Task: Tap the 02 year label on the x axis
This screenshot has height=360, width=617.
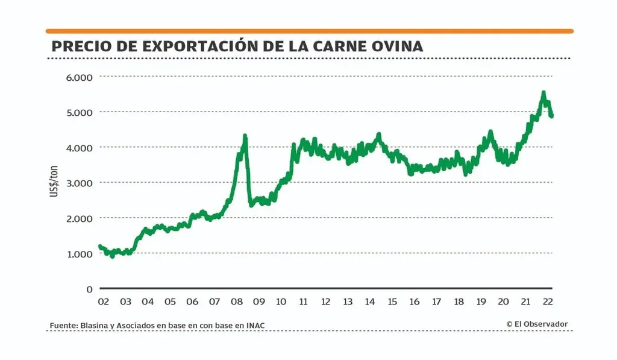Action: [x=103, y=302]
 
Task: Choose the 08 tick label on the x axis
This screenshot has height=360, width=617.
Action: [x=237, y=302]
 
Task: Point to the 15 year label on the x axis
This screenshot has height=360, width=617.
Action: [x=392, y=302]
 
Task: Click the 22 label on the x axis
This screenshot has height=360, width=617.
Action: [x=548, y=302]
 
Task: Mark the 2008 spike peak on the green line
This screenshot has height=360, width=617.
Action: [x=245, y=136]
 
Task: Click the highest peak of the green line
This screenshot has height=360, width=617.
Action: [x=543, y=93]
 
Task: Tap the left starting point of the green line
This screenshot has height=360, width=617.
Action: [x=100, y=246]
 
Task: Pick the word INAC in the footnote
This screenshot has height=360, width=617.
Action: [x=255, y=326]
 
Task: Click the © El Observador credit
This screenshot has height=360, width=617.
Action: [x=537, y=324]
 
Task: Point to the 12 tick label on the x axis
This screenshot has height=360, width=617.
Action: [x=326, y=302]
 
